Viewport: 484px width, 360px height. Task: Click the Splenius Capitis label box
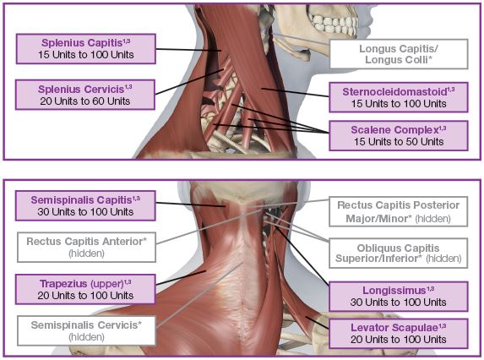(86, 49)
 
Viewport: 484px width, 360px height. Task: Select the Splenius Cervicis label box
(85, 95)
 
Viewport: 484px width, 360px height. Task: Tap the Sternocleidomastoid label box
(399, 97)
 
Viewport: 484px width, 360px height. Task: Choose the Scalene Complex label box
(399, 135)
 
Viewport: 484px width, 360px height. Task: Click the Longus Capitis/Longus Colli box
(399, 54)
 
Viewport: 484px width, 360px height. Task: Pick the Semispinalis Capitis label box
(85, 205)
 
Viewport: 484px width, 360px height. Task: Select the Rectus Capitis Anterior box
(86, 248)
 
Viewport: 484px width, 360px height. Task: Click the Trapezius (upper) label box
(85, 289)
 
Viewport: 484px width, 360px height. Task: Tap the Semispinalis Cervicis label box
(86, 330)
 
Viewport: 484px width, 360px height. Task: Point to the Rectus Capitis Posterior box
(399, 211)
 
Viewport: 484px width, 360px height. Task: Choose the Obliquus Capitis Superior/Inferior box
(399, 253)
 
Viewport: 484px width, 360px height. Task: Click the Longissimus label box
(399, 296)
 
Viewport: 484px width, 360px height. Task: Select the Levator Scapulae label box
(399, 334)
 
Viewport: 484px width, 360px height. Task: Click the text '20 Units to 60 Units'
(85, 101)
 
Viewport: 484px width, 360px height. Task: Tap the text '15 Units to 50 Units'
(399, 142)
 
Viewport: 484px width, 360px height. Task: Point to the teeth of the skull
(334, 23)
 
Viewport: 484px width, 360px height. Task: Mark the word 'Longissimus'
(394, 290)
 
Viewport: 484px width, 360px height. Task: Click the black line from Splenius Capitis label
(188, 50)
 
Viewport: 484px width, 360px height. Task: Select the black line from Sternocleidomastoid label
(295, 92)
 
